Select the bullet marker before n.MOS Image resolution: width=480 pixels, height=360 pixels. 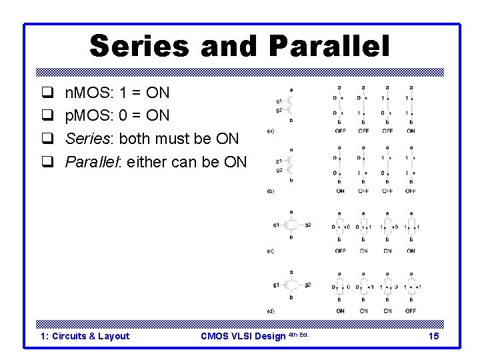click(x=47, y=93)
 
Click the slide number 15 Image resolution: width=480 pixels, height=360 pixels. click(x=433, y=336)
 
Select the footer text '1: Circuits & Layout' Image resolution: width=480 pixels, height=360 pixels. click(x=85, y=336)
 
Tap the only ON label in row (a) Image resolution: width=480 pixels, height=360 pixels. click(x=411, y=131)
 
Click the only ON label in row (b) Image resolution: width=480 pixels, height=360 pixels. click(x=340, y=191)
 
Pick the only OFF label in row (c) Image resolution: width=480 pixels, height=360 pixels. click(x=340, y=251)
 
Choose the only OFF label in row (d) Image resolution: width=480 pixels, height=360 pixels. click(x=411, y=311)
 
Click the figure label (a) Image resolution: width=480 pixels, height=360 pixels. click(x=270, y=131)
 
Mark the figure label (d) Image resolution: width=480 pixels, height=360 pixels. click(x=270, y=311)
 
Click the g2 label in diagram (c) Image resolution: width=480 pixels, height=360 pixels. click(x=308, y=225)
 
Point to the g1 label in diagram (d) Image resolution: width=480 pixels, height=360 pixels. click(x=275, y=285)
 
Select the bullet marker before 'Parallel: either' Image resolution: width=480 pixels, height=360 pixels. click(x=47, y=162)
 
